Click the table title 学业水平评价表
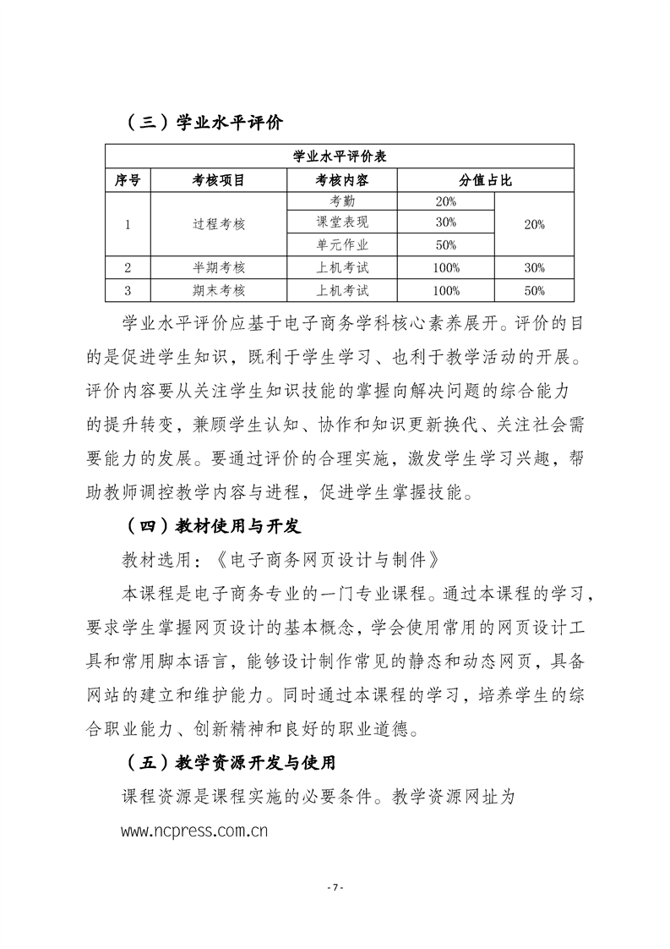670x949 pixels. click(340, 156)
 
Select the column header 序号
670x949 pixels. click(127, 180)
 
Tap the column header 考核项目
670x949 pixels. click(219, 180)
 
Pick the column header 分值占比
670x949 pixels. click(485, 180)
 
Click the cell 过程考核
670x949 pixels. click(219, 224)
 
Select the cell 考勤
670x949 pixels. click(342, 202)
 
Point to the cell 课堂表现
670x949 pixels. click(342, 223)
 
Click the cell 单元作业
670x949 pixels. click(342, 245)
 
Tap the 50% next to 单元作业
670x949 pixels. click(445, 245)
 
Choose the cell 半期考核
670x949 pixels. click(219, 268)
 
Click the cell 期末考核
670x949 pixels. click(219, 290)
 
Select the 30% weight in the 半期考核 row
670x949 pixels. click(534, 268)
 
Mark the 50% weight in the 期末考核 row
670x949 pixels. click(534, 290)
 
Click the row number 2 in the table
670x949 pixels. click(127, 268)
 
